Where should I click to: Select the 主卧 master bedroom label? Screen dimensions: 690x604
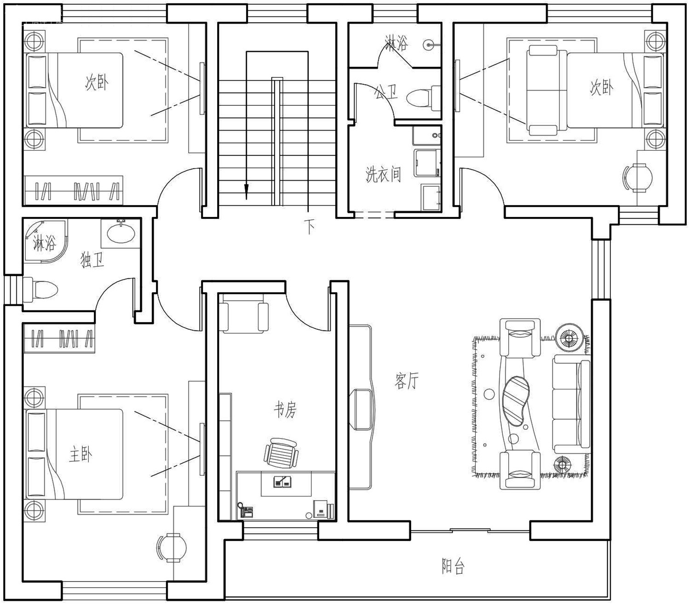[x=80, y=454]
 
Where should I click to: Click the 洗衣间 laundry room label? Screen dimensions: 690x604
[x=383, y=174]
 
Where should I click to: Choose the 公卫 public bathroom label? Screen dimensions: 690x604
[x=386, y=91]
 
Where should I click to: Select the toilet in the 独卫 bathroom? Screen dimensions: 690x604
[x=40, y=290]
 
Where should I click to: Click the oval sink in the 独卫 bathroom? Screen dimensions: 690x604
[x=121, y=234]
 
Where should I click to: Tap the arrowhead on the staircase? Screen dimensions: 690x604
[x=246, y=192]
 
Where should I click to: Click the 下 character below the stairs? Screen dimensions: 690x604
[x=309, y=226]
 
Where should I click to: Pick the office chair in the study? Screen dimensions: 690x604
[x=282, y=453]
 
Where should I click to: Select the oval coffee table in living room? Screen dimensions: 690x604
[x=516, y=401]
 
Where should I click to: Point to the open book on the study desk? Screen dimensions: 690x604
[x=283, y=481]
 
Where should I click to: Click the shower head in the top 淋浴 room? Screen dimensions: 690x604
[x=431, y=45]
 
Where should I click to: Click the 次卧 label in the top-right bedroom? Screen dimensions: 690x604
[x=602, y=87]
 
